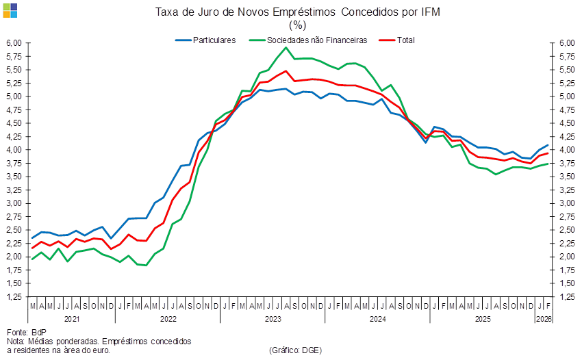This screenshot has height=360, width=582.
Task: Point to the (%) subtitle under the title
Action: click(297, 25)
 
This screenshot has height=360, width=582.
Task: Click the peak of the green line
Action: click(286, 47)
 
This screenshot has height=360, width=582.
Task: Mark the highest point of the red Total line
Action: click(286, 70)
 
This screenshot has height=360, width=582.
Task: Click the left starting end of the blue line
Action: click(32, 237)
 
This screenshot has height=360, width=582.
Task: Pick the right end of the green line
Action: click(548, 164)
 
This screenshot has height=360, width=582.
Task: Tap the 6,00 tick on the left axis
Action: click(15, 43)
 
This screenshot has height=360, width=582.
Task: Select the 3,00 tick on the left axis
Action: click(15, 203)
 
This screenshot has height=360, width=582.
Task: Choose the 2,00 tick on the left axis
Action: click(15, 257)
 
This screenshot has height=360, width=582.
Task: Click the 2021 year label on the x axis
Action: click(71, 319)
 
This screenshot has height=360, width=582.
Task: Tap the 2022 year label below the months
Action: click(168, 319)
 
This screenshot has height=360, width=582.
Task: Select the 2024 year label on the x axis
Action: click(377, 319)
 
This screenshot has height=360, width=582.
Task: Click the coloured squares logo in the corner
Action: click(10, 10)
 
